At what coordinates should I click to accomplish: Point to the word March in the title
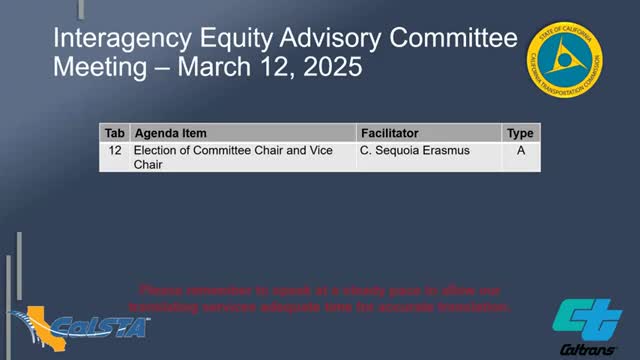coord(207,71)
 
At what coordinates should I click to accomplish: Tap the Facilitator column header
coord(389,133)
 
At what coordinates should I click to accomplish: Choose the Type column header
coord(520,133)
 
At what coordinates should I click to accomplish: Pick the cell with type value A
coord(520,150)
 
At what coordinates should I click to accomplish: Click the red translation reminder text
coord(326,298)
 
